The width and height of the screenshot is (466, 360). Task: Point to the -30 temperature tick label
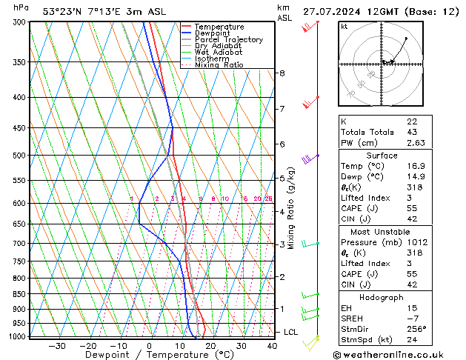(56, 346)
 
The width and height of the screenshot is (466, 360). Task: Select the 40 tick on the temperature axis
(273, 346)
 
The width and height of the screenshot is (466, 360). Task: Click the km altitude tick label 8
(282, 73)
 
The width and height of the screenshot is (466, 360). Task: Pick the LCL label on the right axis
(290, 332)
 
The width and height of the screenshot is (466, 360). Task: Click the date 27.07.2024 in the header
(330, 11)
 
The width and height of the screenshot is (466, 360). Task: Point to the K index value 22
(412, 121)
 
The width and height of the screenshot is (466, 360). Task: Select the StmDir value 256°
(416, 329)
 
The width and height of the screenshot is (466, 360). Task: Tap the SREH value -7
(413, 319)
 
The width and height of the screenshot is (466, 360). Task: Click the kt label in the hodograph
(344, 26)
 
